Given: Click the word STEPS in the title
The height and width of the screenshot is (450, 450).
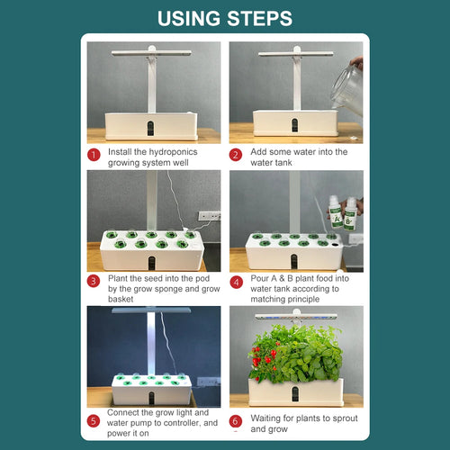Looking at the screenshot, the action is (259, 19).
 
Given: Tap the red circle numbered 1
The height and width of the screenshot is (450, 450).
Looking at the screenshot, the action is (94, 155).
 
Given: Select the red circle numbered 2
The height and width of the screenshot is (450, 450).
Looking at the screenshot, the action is (236, 155).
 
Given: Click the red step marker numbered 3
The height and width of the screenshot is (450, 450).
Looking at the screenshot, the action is (94, 281).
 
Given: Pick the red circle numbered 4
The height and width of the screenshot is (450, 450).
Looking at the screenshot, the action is (236, 282).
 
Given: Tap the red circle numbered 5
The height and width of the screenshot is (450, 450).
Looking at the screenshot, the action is (94, 420).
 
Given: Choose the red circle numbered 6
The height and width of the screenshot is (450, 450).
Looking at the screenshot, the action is (236, 420).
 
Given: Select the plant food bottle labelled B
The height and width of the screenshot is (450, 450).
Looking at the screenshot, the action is (349, 214).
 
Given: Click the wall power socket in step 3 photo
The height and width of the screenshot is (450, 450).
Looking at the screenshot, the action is (210, 216).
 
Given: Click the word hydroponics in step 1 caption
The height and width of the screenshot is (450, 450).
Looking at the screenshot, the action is (173, 152).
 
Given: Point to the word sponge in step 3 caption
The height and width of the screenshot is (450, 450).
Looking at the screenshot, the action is (164, 289).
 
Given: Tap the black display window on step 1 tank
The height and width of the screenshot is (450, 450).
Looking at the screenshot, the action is (151, 128).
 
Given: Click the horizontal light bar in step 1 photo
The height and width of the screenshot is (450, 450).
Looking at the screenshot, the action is (151, 53).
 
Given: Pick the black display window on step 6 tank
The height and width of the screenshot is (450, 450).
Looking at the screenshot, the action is (295, 394).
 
